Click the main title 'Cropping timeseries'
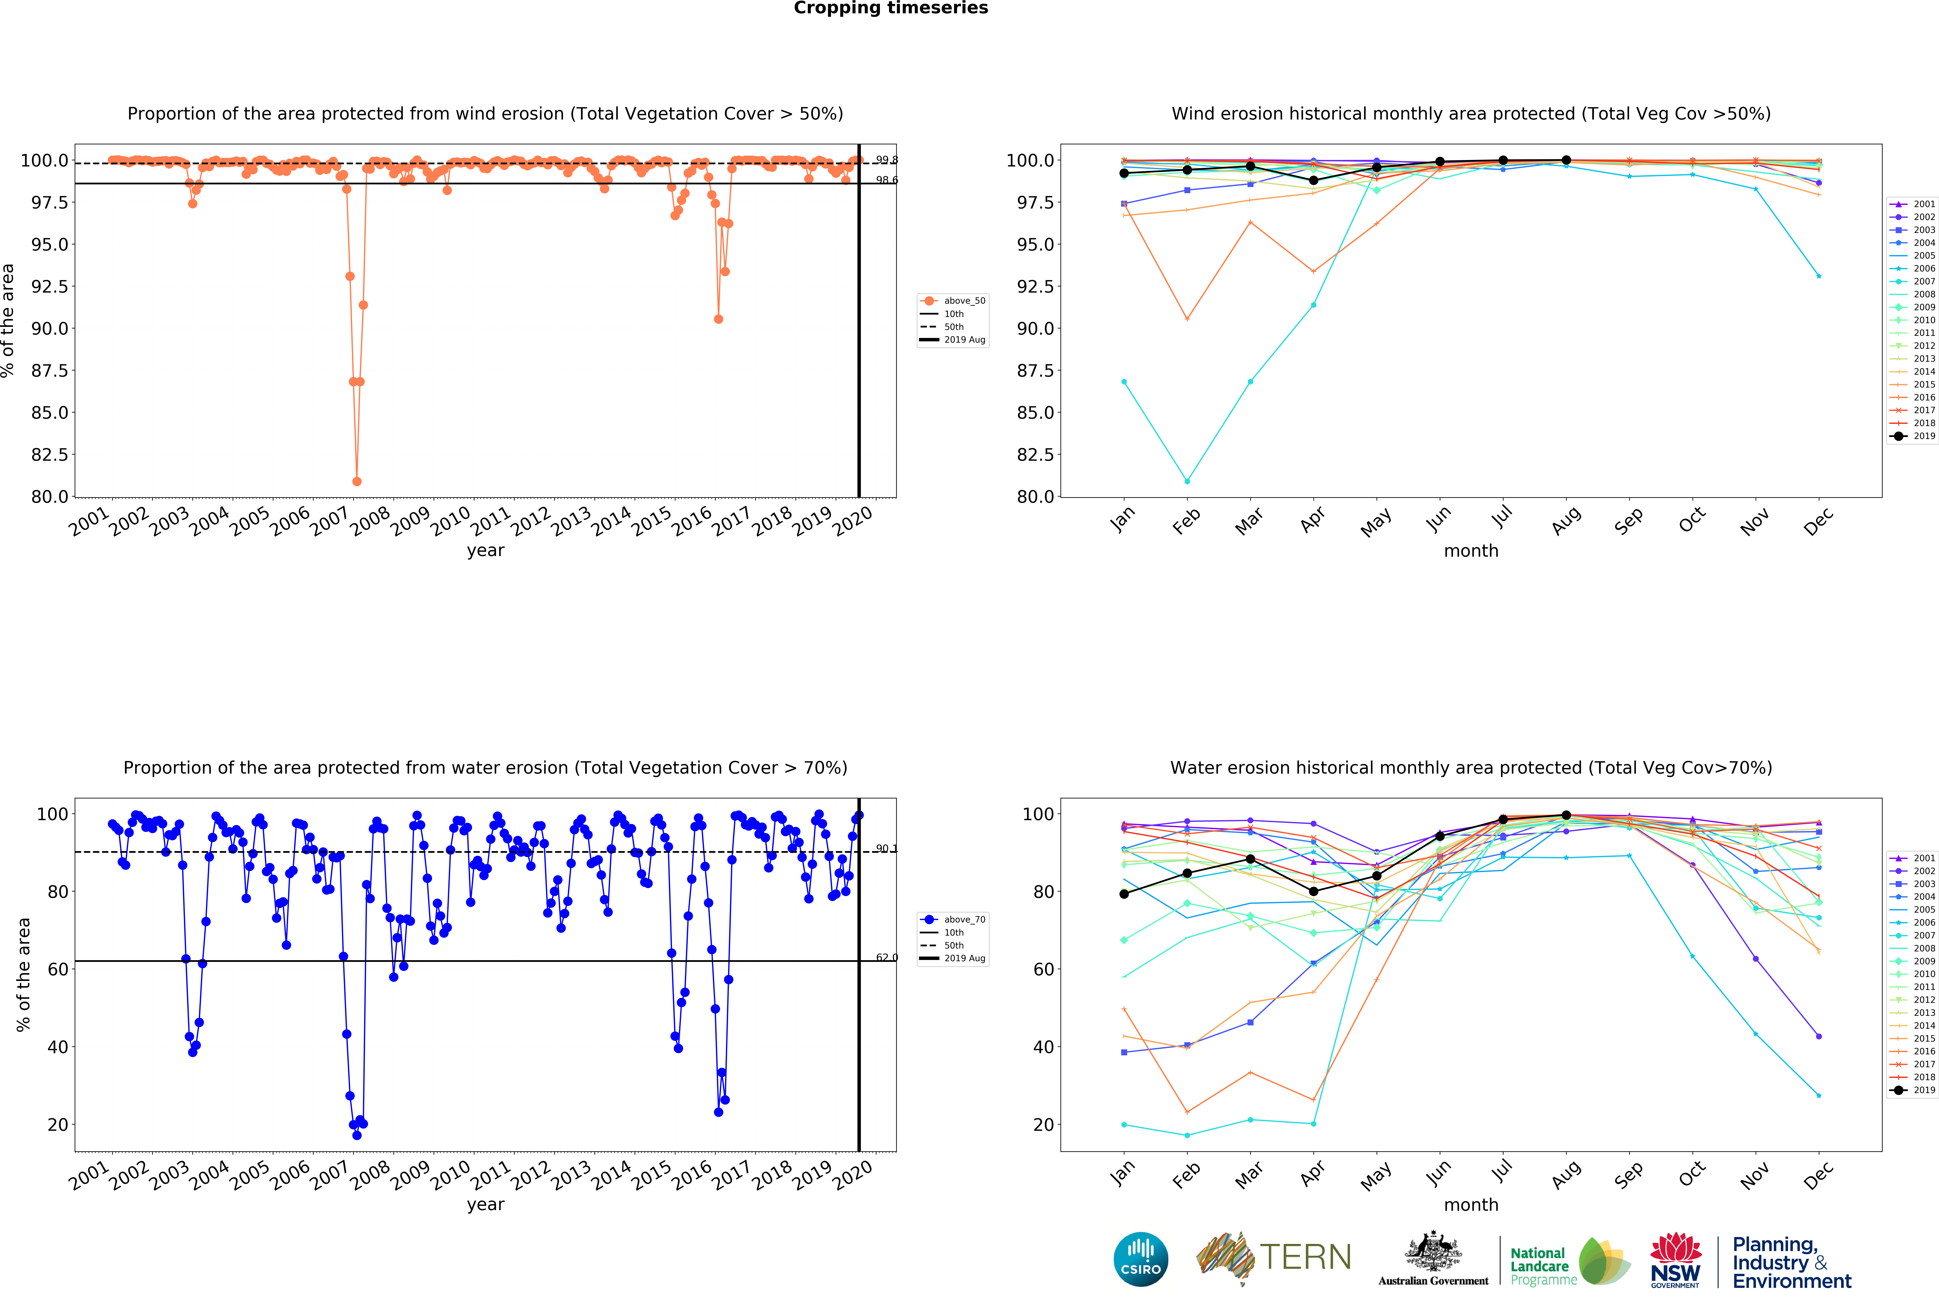click(890, 8)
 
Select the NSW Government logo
click(1675, 1261)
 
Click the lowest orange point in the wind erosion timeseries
click(357, 481)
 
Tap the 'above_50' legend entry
click(964, 301)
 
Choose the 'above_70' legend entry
click(964, 920)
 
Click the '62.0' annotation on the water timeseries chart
click(886, 957)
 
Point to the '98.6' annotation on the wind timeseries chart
click(886, 180)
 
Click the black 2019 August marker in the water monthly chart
click(1566, 815)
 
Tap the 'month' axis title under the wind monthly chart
click(1471, 551)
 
